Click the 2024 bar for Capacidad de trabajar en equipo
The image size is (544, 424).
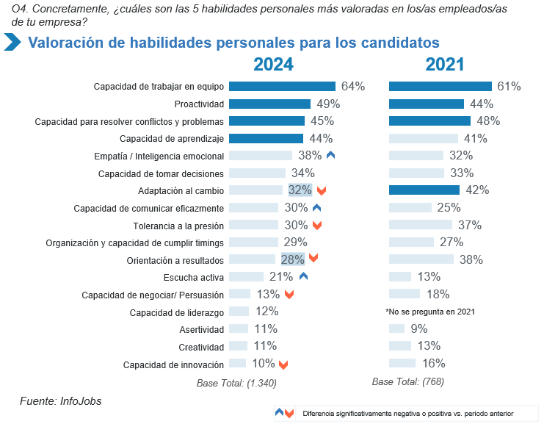(x=282, y=86)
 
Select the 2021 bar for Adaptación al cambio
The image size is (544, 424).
(x=424, y=190)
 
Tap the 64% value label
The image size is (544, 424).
(x=353, y=86)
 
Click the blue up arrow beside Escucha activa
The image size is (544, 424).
(x=303, y=277)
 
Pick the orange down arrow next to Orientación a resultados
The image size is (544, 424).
(x=313, y=259)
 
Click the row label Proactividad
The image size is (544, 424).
(x=199, y=104)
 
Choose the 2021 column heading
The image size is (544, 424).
(x=445, y=65)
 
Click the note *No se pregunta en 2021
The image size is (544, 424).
(x=430, y=312)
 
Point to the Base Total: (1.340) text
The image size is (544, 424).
(x=236, y=382)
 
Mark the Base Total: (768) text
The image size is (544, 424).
(x=408, y=381)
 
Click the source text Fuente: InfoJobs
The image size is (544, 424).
(x=60, y=401)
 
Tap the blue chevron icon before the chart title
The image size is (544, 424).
(x=12, y=42)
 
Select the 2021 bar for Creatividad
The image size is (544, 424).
(x=397, y=346)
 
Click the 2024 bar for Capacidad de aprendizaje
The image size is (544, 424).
(x=266, y=138)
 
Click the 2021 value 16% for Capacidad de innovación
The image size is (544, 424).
(x=434, y=363)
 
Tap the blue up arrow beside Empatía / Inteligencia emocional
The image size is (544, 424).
(x=330, y=155)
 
